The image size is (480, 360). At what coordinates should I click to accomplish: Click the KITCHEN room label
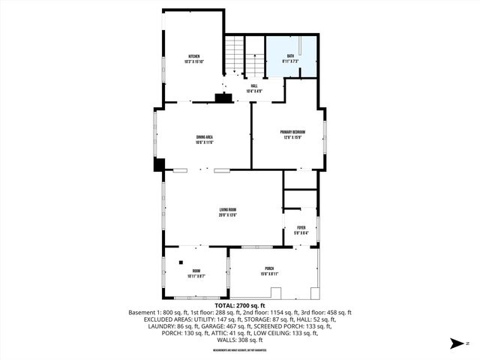tap(194, 57)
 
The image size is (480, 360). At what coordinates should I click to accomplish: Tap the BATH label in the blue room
tap(290, 55)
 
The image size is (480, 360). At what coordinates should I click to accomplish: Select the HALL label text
tap(253, 85)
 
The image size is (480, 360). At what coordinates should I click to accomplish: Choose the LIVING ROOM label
tap(228, 209)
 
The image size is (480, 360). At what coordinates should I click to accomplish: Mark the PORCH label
tap(269, 268)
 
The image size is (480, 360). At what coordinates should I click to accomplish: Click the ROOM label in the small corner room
tap(196, 271)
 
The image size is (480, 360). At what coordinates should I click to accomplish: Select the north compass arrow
tap(454, 343)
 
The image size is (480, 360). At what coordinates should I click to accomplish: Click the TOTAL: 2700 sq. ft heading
tap(240, 306)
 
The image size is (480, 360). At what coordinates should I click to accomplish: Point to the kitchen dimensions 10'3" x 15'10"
tap(194, 62)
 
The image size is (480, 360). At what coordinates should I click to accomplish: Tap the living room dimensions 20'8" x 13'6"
tap(228, 214)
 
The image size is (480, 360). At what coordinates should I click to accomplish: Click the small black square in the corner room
tap(181, 262)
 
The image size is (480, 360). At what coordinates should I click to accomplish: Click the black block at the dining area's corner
tap(159, 164)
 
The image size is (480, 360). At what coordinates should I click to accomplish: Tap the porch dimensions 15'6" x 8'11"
tap(269, 274)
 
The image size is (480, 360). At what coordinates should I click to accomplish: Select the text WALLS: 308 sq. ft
tap(240, 339)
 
